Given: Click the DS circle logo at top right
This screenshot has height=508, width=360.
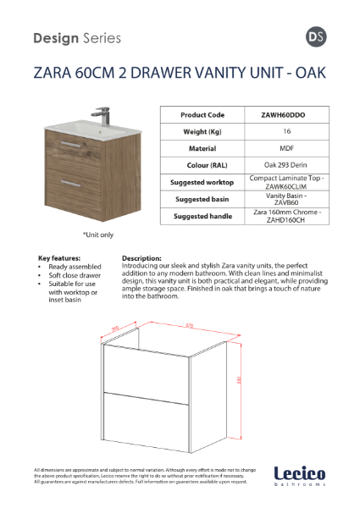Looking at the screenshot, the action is pos(313,38).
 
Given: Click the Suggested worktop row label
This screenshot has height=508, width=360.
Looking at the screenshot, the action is pos(202,182).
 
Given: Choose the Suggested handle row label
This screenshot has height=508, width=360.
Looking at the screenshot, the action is pos(202,216).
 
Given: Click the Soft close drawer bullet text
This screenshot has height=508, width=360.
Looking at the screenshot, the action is pos(75,275).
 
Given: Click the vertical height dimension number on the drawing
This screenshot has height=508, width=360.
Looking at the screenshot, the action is pos(240,380).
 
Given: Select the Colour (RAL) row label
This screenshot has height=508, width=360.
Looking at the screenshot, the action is pos(202,164).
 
